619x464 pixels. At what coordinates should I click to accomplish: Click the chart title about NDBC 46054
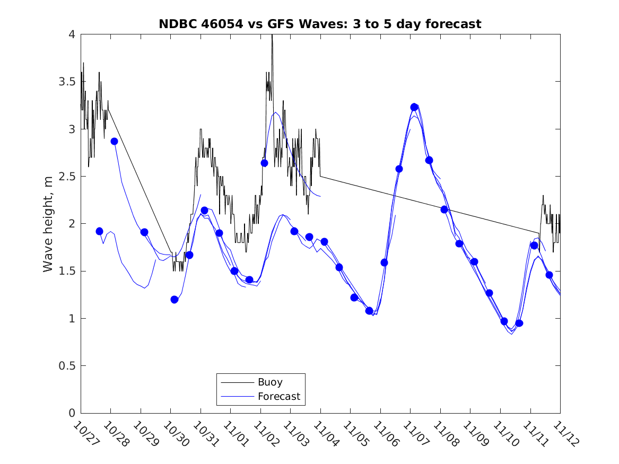(320, 24)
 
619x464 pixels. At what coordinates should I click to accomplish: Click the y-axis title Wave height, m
(48, 224)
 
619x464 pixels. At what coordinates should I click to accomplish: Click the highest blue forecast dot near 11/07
(414, 107)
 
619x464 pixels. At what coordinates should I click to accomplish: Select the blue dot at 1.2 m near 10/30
(175, 300)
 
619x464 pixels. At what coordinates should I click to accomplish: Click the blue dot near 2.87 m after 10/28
(114, 141)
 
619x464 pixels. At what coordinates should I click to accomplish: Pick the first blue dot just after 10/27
(99, 231)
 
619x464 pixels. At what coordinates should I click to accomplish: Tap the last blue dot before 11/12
(549, 275)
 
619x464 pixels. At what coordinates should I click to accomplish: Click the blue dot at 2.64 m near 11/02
(264, 163)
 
